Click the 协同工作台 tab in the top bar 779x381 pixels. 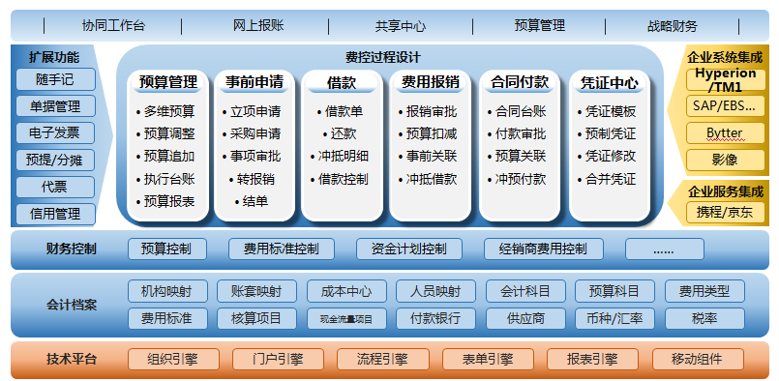(113, 26)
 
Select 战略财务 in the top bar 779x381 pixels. (673, 26)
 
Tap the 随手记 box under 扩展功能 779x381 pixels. (55, 79)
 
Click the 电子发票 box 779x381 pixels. (55, 133)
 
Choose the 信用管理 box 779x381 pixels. (55, 214)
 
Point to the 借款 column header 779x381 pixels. (342, 82)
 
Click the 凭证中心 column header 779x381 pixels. (609, 82)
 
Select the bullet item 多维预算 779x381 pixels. (165, 112)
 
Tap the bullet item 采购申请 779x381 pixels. (252, 134)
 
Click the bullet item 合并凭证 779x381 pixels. (606, 179)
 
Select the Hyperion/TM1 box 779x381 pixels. (726, 79)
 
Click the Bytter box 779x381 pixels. (726, 133)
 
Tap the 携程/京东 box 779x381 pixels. (726, 213)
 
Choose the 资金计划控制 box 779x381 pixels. (409, 249)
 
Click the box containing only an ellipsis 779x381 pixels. (664, 249)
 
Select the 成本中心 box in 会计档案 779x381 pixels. (346, 291)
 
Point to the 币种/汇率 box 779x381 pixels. (615, 318)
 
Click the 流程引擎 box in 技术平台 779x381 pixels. (382, 359)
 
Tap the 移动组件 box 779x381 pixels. (698, 359)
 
